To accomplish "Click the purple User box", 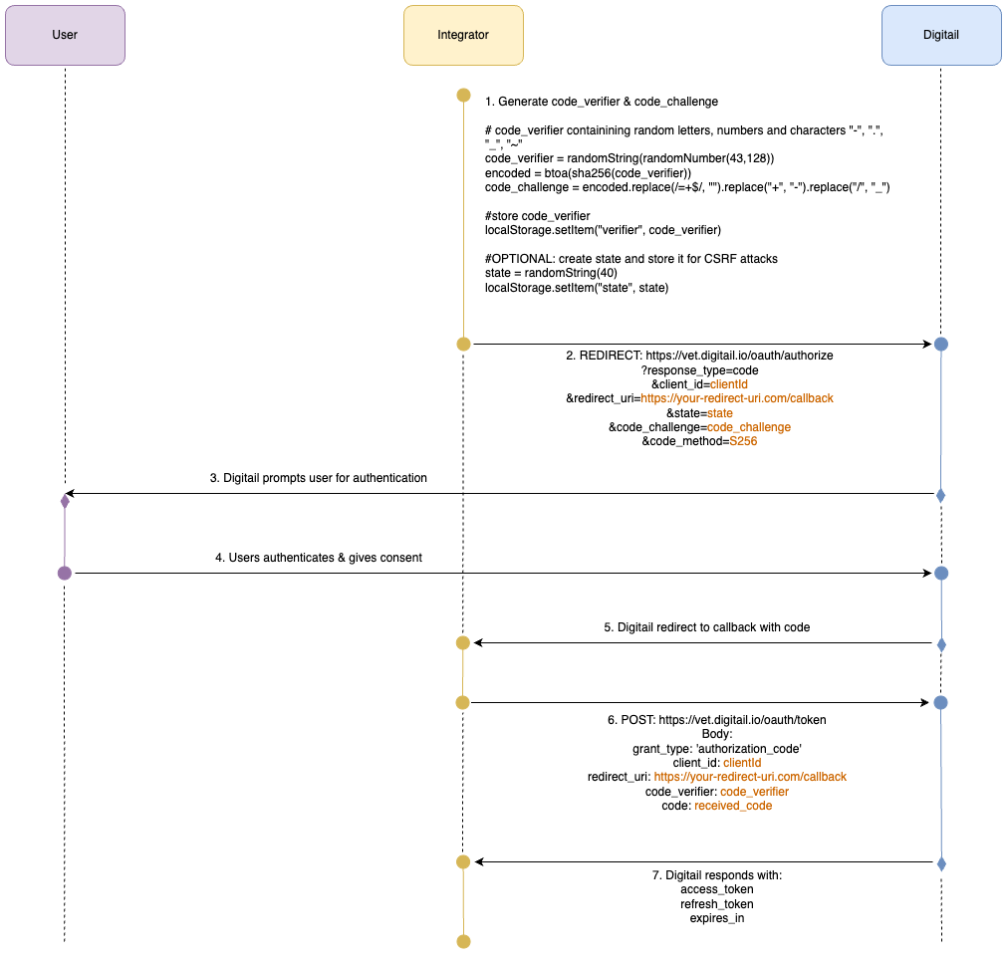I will pos(65,35).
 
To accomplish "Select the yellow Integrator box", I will pos(463,35).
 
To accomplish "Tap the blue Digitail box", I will pos(941,35).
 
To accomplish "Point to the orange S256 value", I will pos(743,441).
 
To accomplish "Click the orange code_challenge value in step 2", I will pos(749,427).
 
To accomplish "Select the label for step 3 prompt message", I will pos(318,478).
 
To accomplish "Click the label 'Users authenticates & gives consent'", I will pos(318,558).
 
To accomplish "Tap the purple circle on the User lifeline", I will pos(65,573).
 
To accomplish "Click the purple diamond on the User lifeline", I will pos(65,501).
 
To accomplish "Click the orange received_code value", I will pos(733,806).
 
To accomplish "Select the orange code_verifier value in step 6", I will pos(754,792).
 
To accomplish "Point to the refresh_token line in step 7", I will pos(716,904).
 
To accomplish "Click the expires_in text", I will pos(716,918).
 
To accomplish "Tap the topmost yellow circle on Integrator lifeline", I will pos(463,96).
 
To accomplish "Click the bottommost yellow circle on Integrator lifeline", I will pos(463,941).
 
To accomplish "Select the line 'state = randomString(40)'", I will pos(551,273).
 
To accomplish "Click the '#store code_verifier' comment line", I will pos(537,216).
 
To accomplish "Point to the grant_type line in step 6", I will pos(716,748).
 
